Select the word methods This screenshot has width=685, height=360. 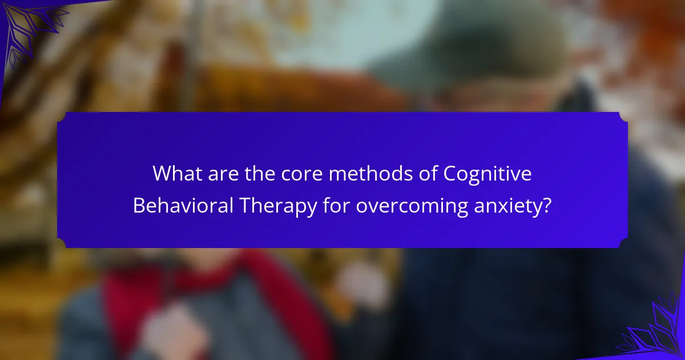tap(370, 174)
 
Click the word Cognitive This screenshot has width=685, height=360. tap(487, 174)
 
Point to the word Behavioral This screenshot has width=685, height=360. tap(183, 205)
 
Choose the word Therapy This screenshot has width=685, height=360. tap(279, 207)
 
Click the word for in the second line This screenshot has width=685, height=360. tap(336, 205)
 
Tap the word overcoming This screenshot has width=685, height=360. tap(412, 207)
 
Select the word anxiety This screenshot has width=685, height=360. tap(507, 207)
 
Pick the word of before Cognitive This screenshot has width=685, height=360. tap(428, 174)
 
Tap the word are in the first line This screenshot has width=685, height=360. tap(223, 174)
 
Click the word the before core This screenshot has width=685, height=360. tap(260, 174)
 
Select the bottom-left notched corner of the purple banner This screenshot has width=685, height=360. tap(62, 243)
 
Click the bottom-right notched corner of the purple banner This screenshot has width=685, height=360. tap(623, 243)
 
